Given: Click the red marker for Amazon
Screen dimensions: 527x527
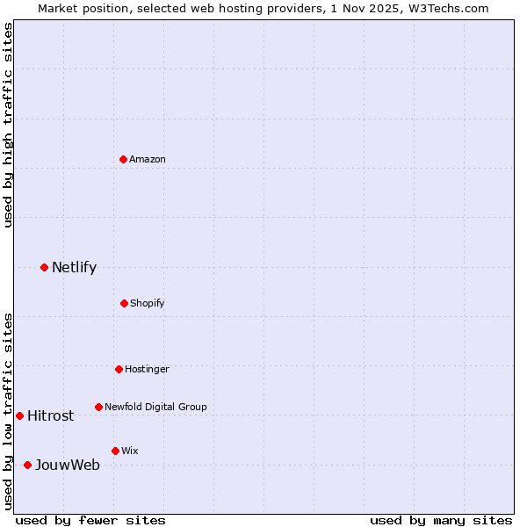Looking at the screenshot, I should (x=123, y=159).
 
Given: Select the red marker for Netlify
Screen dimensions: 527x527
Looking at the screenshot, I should (x=44, y=267).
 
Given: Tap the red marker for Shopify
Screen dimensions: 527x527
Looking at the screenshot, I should (x=124, y=303).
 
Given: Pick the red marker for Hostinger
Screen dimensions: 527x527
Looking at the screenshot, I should (x=119, y=369).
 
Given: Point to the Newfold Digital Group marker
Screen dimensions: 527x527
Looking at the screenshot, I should (x=98, y=407).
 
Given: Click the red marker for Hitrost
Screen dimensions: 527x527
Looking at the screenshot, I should (x=19, y=415).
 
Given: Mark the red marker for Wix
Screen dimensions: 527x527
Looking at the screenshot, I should (x=115, y=451).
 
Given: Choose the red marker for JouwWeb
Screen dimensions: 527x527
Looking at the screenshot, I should (x=27, y=465).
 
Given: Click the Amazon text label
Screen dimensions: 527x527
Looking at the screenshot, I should (x=148, y=159).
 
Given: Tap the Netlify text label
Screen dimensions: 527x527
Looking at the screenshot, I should (x=74, y=267).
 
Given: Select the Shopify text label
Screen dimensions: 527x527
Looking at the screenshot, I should (x=148, y=303).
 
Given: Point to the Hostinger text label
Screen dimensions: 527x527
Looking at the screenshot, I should (x=147, y=369).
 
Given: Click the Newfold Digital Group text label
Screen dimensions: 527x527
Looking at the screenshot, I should (x=155, y=407).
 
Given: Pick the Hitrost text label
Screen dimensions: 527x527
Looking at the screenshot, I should (x=50, y=415).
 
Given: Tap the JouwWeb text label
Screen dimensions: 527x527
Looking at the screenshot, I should (x=67, y=465).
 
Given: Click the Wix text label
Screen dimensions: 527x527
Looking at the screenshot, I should (x=130, y=451).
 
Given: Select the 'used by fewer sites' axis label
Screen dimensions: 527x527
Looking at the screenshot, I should (x=90, y=520).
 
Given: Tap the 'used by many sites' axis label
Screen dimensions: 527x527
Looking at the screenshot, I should (x=441, y=520).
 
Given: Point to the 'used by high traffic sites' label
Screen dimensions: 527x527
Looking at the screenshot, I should (x=8, y=125).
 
